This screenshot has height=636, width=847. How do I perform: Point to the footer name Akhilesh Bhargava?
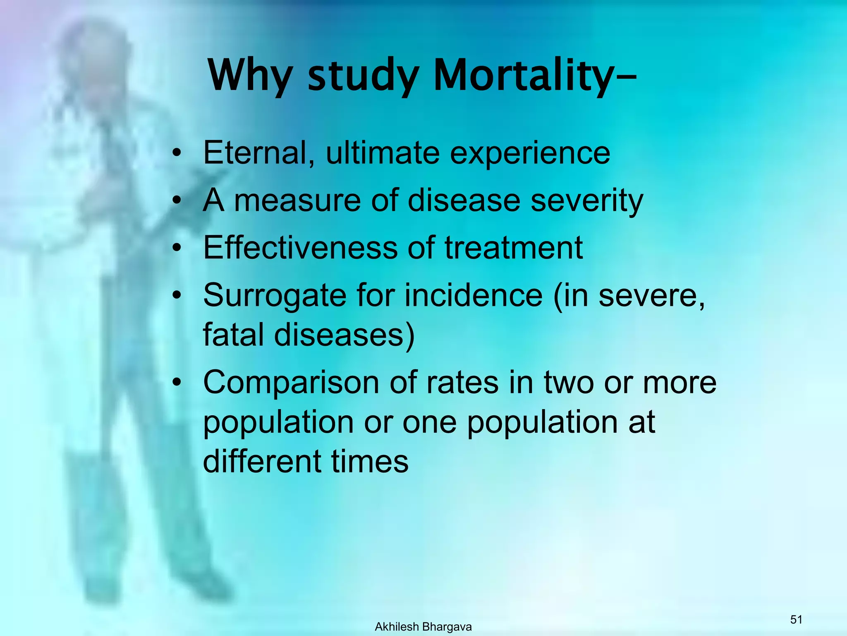tap(423, 627)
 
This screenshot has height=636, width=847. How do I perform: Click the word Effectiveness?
tap(299, 248)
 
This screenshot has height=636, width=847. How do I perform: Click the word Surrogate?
tap(274, 296)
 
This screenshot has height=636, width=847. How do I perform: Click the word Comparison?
tap(291, 383)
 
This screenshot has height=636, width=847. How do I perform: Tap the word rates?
tap(462, 383)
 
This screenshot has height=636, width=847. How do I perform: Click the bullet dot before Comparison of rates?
tap(177, 383)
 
